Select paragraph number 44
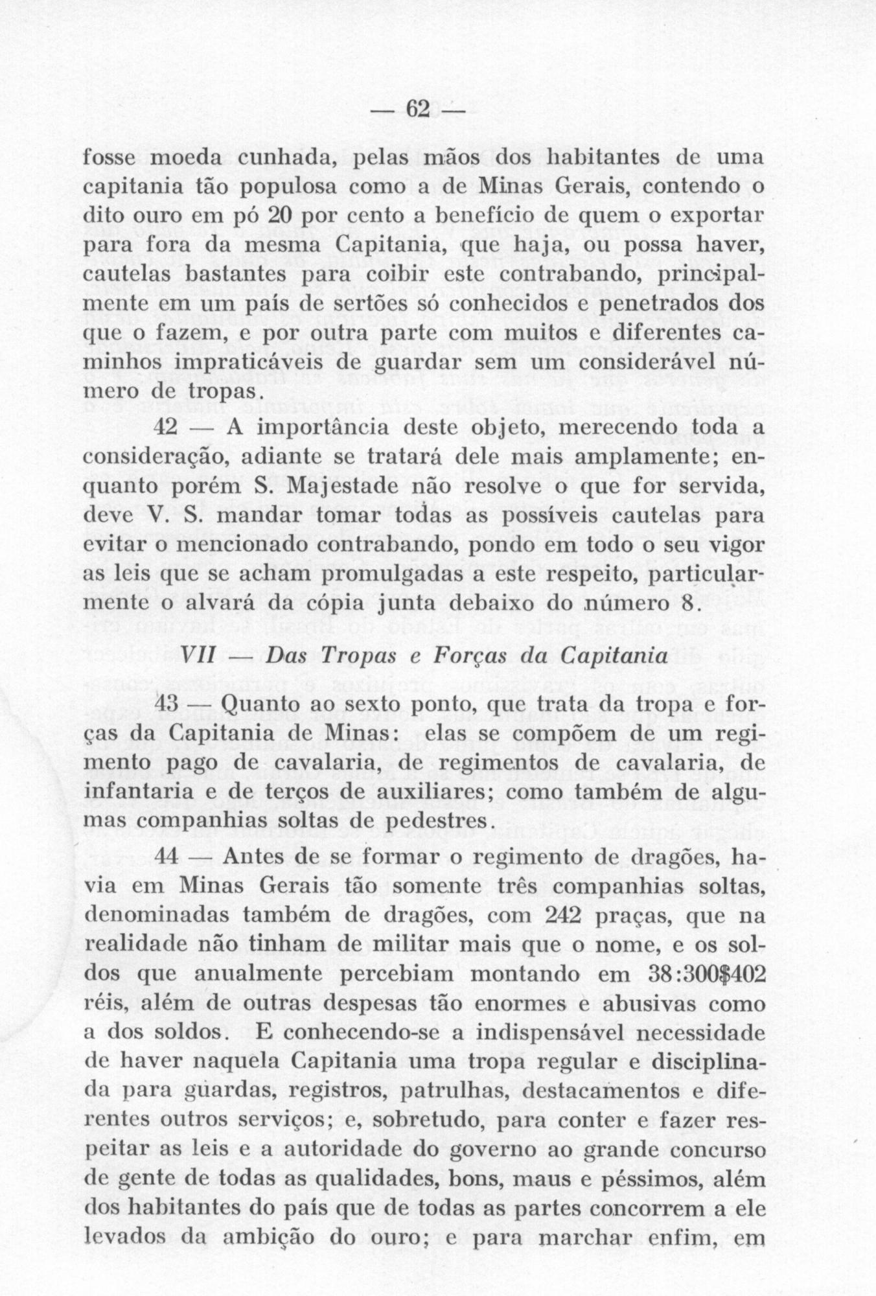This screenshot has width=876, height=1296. coord(170,859)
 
